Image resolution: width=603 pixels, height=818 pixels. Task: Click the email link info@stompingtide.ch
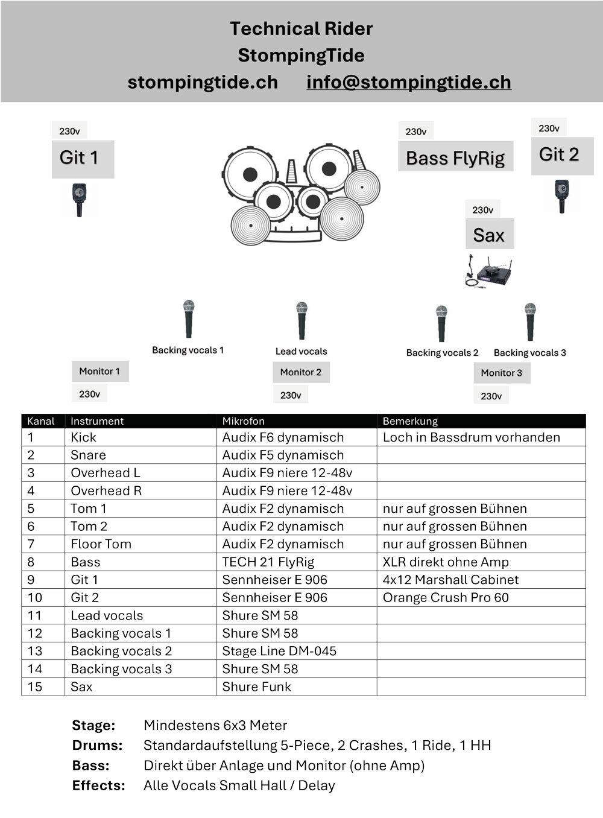pyautogui.click(x=408, y=82)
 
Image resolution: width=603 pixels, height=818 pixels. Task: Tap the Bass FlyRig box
pyautogui.click(x=455, y=157)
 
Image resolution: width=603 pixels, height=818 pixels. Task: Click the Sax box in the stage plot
pyautogui.click(x=489, y=235)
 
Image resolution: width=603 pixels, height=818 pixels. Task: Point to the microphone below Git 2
pyautogui.click(x=562, y=195)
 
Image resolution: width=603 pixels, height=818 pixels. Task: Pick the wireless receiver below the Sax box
pyautogui.click(x=494, y=274)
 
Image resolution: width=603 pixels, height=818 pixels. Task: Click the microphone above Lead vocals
pyautogui.click(x=301, y=320)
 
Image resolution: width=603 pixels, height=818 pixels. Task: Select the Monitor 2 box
pyautogui.click(x=301, y=372)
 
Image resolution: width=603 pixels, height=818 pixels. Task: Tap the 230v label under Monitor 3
pyautogui.click(x=491, y=396)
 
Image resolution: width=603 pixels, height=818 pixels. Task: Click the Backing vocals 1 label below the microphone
pyautogui.click(x=188, y=350)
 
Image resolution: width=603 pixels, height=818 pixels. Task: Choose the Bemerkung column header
pyautogui.click(x=410, y=421)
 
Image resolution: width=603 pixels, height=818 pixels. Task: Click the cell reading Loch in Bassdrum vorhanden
pyautogui.click(x=471, y=437)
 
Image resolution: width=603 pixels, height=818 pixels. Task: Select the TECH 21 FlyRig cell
pyautogui.click(x=268, y=562)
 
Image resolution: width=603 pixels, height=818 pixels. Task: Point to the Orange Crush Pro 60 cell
pyautogui.click(x=446, y=598)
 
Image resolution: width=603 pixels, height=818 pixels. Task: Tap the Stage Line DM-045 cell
pyautogui.click(x=279, y=651)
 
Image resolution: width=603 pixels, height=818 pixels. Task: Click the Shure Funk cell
pyautogui.click(x=256, y=686)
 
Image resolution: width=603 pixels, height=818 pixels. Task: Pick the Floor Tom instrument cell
pyautogui.click(x=101, y=544)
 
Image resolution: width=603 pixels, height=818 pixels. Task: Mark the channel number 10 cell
pyautogui.click(x=35, y=598)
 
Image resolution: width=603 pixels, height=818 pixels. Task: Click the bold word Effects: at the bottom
pyautogui.click(x=98, y=785)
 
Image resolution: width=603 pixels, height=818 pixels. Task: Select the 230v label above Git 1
pyautogui.click(x=69, y=131)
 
